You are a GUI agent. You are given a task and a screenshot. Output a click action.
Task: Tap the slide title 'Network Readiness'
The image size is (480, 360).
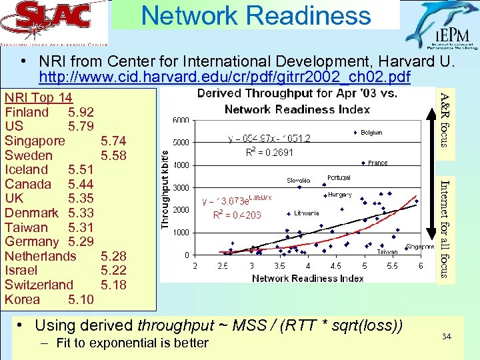click(x=256, y=15)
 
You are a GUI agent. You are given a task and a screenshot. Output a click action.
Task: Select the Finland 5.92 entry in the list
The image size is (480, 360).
click(x=49, y=112)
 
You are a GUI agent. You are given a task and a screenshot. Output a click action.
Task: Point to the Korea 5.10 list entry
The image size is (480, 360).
click(x=49, y=299)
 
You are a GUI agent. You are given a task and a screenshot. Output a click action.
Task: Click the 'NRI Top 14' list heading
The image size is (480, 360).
click(x=39, y=97)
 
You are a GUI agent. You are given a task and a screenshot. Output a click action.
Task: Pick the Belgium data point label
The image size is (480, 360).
click(x=372, y=133)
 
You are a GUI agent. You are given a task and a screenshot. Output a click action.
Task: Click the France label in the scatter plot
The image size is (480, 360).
click(x=377, y=163)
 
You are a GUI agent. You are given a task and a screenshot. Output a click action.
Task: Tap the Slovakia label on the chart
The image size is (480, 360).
click(x=299, y=180)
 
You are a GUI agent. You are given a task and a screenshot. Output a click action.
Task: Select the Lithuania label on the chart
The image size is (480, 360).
click(x=306, y=213)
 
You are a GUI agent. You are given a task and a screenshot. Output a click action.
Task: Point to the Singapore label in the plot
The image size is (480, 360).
click(x=420, y=247)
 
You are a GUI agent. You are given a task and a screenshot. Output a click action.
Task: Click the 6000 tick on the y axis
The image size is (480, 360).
click(x=182, y=120)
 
